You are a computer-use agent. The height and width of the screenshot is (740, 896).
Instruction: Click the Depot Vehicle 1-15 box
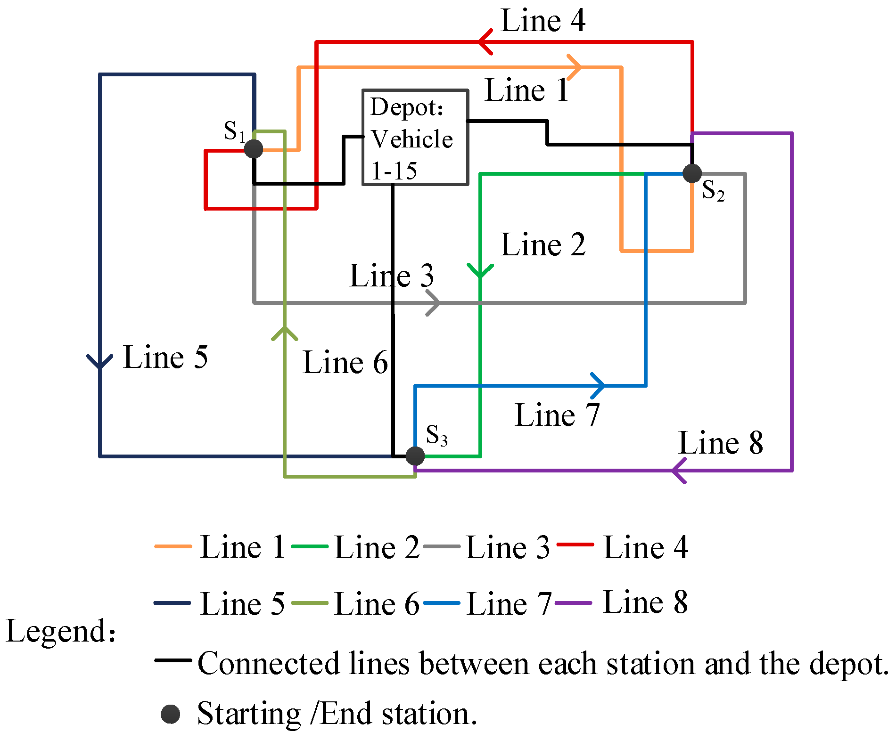coord(415,137)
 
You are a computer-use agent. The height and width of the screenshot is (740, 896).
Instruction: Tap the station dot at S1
coord(254,149)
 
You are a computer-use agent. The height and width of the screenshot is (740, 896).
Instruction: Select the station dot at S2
coord(692,173)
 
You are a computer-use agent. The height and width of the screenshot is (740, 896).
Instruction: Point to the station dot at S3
coord(415,455)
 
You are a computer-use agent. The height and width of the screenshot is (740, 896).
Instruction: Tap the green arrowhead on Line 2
coord(480,271)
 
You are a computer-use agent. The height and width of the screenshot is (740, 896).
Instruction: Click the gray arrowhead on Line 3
coord(434,303)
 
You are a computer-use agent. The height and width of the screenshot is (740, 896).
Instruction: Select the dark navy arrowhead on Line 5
coord(100,362)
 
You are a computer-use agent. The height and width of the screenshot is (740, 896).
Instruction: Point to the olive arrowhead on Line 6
coord(285,333)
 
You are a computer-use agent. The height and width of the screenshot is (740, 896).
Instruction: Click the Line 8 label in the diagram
coord(720,443)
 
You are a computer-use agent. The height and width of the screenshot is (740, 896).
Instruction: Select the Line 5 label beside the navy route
coord(165,357)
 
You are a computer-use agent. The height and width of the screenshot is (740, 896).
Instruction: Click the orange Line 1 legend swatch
coord(173,546)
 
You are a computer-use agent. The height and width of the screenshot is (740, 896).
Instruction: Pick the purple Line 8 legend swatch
coord(573,603)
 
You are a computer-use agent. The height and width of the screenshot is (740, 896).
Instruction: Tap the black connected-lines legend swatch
coord(173,660)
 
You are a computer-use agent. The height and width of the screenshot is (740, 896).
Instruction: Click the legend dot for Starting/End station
coord(170,714)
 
